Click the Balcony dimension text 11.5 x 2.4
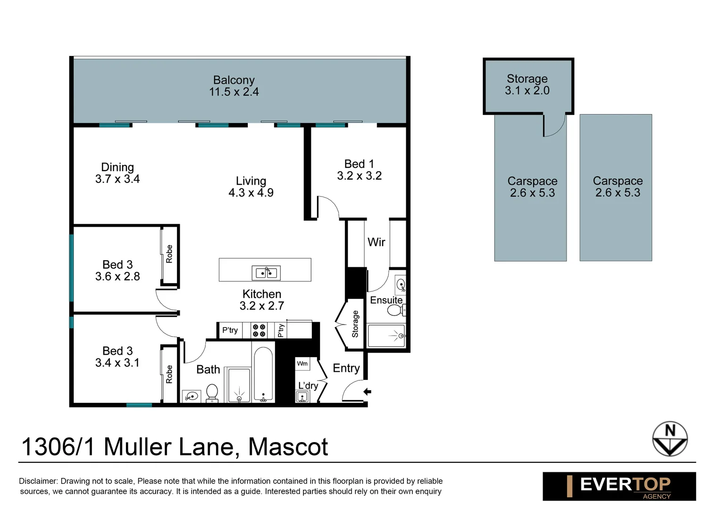pos(234,92)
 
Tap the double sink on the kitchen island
pos(266,273)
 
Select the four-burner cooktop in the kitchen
pos(259,330)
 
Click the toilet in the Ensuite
pos(395,310)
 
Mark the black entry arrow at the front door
pos(367,392)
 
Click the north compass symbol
pos(670,439)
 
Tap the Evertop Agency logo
pos(619,486)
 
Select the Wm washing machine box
pos(302,363)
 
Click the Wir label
pos(376,242)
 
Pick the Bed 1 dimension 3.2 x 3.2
pos(359,176)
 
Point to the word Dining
pos(117,167)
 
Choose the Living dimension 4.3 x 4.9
pos(251,193)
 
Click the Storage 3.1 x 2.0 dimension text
pos(527,90)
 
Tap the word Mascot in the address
pos(288,447)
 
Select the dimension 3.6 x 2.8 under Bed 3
pos(117,277)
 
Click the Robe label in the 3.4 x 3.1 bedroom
pos(169,374)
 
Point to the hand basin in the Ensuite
pos(401,284)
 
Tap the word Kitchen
pos(262,294)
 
